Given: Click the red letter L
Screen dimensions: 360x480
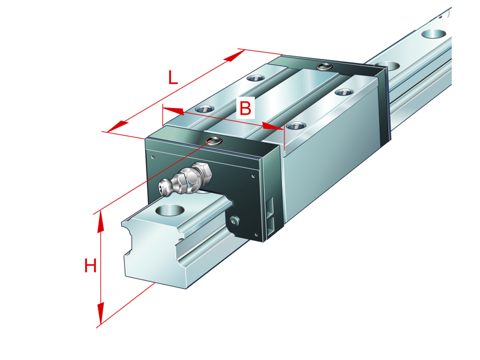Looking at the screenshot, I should pos(172,77).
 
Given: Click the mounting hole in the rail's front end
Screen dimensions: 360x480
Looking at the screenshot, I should pos(169,211).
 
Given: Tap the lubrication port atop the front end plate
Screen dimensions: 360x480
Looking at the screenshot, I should pos(213,142).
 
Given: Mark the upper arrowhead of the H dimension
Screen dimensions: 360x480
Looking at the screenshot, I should pos(100,221).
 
